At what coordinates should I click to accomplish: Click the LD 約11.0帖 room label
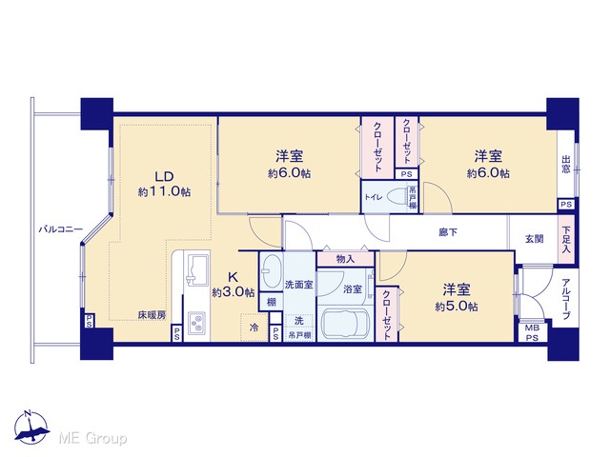coord(164,184)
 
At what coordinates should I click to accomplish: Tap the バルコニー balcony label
coord(60,229)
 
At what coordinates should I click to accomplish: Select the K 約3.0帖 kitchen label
coord(233,284)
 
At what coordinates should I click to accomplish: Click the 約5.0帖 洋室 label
coord(457,298)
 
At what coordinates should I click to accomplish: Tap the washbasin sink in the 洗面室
coord(271,270)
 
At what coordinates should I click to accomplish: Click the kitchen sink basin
coord(197,268)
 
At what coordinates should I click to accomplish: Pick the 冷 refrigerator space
coord(254,328)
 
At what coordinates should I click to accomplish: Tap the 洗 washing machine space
coord(299,321)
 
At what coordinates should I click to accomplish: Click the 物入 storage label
coord(345,259)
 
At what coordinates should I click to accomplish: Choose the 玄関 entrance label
coord(535,239)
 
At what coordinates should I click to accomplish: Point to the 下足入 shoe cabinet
coord(566,241)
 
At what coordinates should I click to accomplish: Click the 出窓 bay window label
coord(566,165)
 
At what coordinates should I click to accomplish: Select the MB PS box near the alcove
coord(532,332)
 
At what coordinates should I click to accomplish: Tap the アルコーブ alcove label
coord(566,299)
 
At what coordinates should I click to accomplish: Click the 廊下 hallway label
coord(448,232)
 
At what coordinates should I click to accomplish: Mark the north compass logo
coord(31,427)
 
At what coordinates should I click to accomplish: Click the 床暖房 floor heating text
coord(152,315)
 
